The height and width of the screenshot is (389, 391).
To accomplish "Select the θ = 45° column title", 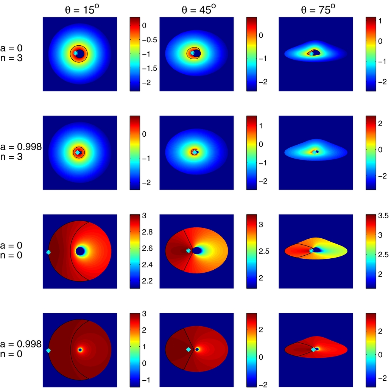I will click(x=198, y=9).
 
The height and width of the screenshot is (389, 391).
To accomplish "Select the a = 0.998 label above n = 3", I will click(x=20, y=147).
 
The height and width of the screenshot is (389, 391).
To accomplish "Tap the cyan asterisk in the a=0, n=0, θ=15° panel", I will click(x=48, y=252).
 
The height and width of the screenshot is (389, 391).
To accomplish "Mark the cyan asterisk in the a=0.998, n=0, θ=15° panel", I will click(x=48, y=350).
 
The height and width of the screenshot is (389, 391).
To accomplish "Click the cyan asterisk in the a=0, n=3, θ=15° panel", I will click(x=76, y=53).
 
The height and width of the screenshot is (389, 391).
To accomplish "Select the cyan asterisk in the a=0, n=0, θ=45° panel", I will click(x=188, y=250).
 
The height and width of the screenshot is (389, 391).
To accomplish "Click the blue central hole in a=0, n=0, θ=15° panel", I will click(x=80, y=251).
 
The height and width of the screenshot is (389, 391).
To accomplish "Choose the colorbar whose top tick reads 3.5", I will click(x=369, y=251).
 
